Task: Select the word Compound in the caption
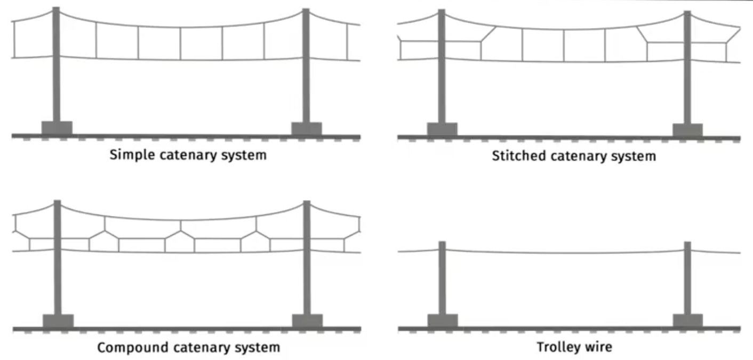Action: point(124,348)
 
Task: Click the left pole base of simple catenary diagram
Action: point(57,127)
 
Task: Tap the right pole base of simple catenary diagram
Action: point(307,129)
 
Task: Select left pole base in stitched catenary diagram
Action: point(442,129)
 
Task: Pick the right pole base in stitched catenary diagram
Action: point(687,130)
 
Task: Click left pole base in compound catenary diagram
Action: point(58,321)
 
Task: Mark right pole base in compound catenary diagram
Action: point(307,321)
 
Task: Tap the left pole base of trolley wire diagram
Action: point(443,321)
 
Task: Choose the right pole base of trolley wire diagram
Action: point(688,321)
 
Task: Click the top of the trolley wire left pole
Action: point(442,243)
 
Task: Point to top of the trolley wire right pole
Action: point(687,243)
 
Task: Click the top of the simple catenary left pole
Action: point(56,9)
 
